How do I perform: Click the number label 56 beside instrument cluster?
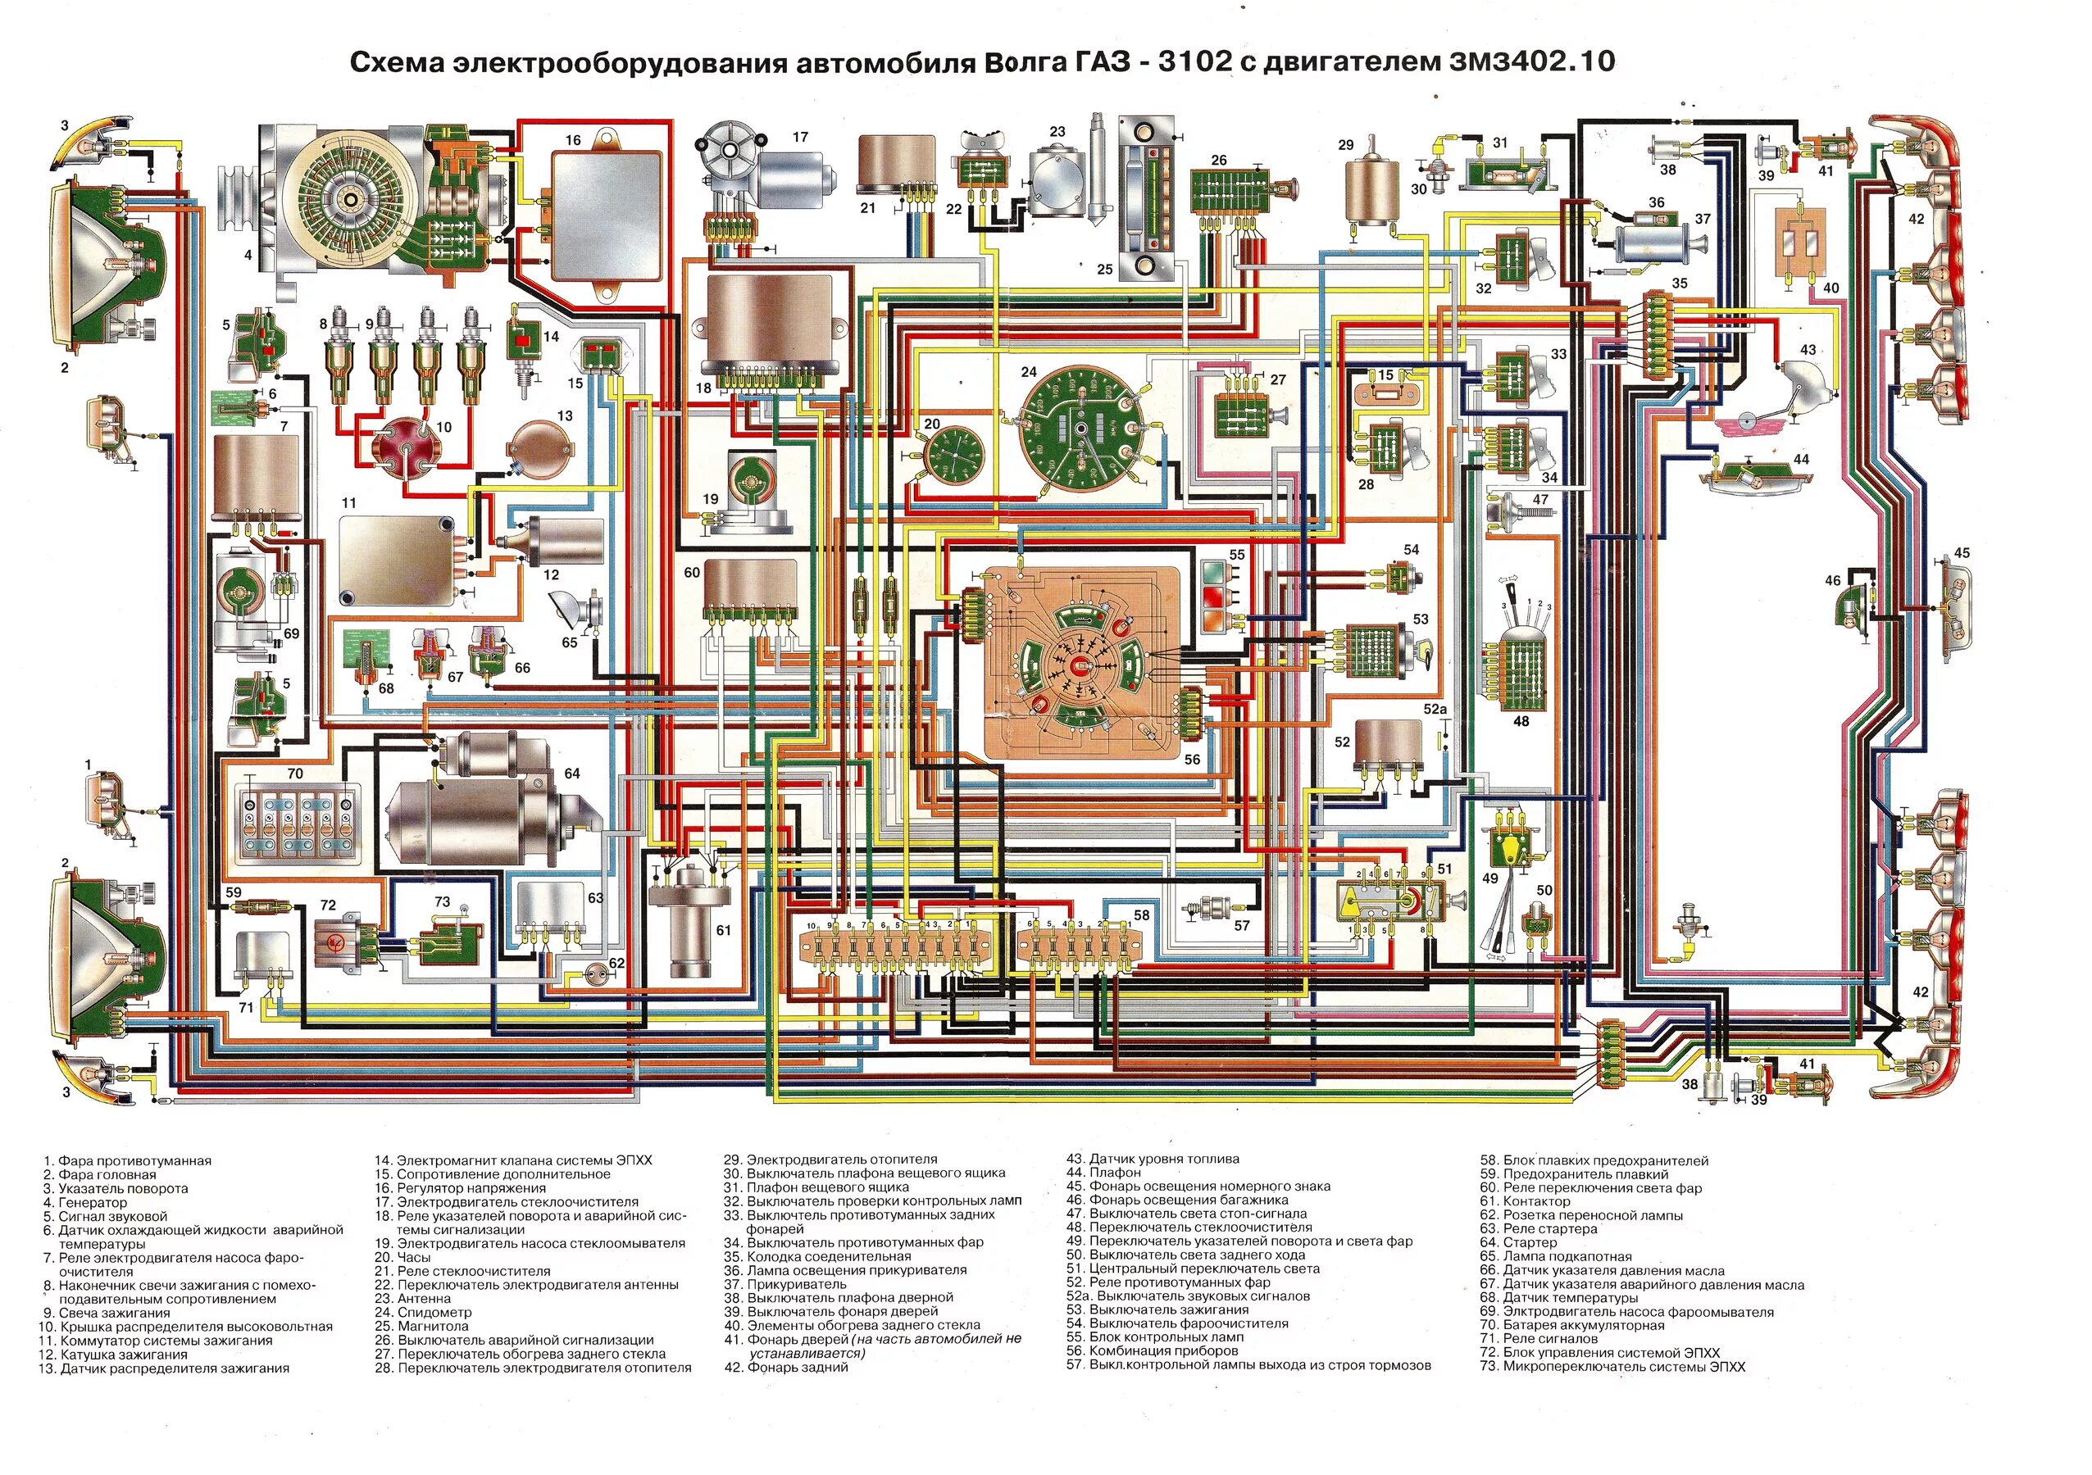[1192, 759]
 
